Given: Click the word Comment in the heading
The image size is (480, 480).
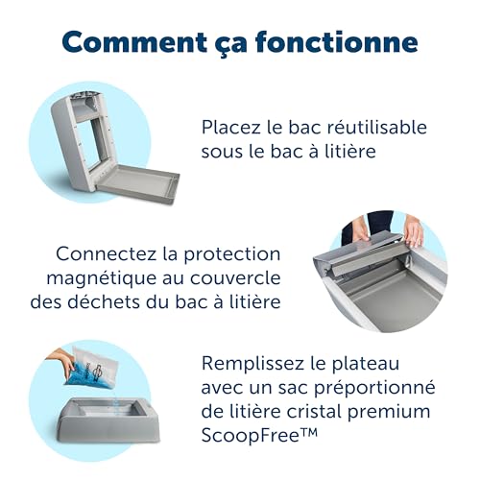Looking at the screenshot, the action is coord(134,41).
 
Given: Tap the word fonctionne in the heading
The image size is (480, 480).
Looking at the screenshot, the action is coord(337,41).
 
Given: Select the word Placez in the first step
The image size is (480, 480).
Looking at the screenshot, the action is coord(230,127).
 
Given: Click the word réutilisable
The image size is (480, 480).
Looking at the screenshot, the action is coord(377,127).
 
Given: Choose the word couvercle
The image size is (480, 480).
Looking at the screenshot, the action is coord(235,277).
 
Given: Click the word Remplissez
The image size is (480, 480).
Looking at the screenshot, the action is coord(253,364).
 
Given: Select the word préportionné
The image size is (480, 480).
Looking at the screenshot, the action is coord(374,388).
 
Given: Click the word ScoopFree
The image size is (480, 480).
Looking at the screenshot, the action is coord(253,436).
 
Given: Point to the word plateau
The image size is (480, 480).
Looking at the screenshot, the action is coord(366,364).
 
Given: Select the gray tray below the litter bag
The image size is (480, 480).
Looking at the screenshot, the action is coord(108,420).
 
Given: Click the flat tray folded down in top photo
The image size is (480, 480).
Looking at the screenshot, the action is coord(137,185).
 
